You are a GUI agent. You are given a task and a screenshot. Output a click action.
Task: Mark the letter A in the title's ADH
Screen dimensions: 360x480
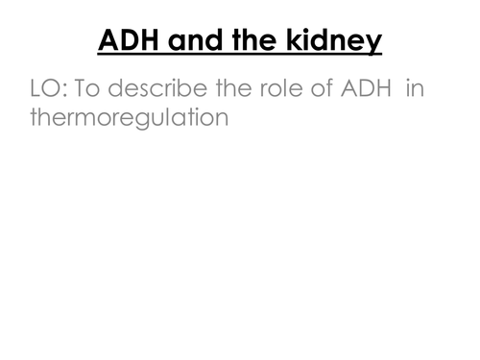tap(108, 42)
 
